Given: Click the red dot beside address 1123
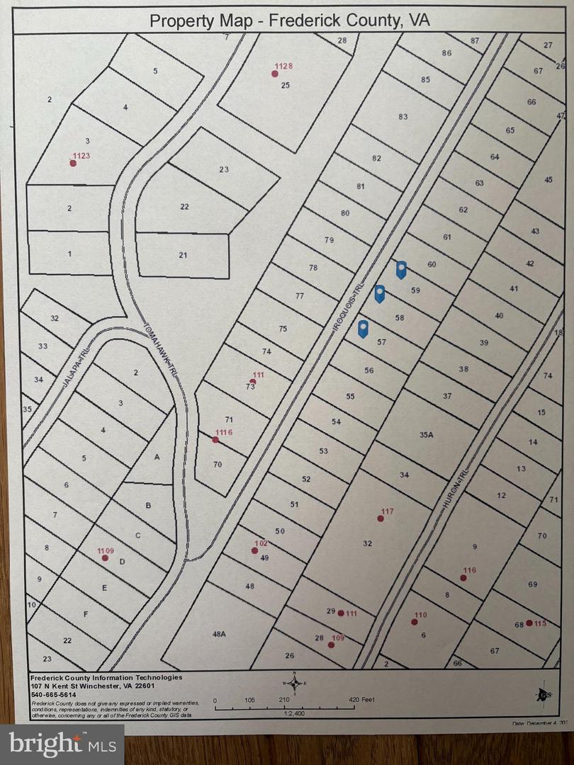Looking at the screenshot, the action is click(x=72, y=163).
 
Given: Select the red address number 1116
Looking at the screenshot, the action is click(x=223, y=432).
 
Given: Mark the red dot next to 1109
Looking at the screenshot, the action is click(x=105, y=558).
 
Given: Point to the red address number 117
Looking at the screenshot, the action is click(x=387, y=511).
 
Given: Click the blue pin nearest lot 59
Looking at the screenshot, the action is click(x=401, y=269).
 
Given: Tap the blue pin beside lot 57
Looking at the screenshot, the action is click(x=363, y=328).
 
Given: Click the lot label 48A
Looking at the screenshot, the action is click(x=218, y=634).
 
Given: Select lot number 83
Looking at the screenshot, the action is click(x=403, y=117).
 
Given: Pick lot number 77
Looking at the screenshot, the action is click(x=300, y=296).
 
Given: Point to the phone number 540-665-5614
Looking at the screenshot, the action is click(x=53, y=694).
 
